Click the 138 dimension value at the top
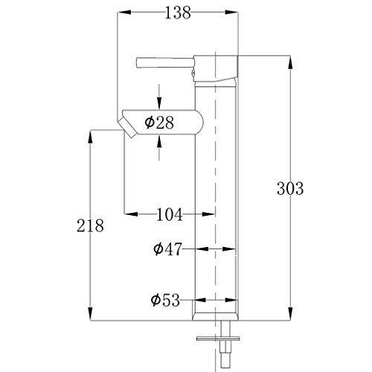point(176,12)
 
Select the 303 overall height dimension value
point(289,189)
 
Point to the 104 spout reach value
point(169,215)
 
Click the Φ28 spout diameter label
point(159,123)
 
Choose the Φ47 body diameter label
point(169,250)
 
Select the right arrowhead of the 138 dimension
point(233,13)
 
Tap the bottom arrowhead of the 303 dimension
point(289,315)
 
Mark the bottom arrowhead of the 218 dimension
point(91,315)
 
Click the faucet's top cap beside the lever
point(216,67)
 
